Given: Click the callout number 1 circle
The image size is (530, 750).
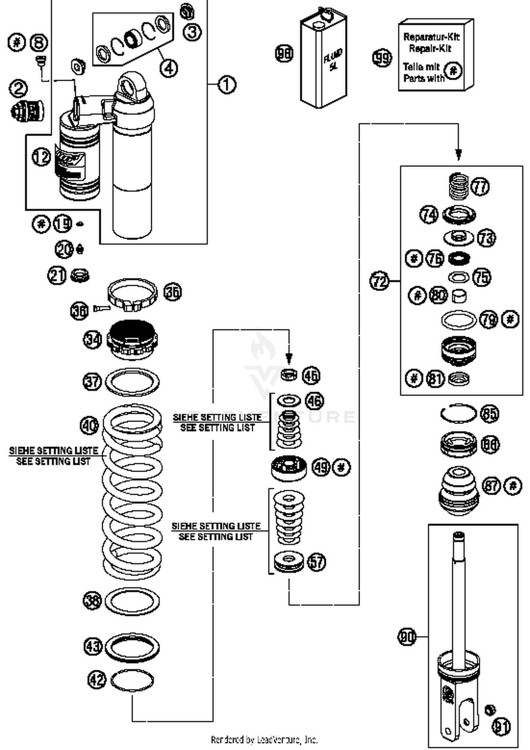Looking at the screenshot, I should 226,85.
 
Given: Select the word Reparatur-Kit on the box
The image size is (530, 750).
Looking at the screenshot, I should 431,36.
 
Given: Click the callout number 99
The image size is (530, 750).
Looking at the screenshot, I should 382,58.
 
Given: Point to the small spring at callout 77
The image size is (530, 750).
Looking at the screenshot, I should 459,186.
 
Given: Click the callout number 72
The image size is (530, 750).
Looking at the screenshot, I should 379,281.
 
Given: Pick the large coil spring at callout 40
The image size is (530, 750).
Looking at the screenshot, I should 132,492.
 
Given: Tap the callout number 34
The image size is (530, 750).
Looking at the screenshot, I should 92,339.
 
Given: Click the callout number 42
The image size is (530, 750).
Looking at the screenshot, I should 96,680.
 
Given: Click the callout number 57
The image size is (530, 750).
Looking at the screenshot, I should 316,562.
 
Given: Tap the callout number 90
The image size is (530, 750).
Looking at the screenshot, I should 407,637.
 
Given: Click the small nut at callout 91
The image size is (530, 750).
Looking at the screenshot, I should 490,709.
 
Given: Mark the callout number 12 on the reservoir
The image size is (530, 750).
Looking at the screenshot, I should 41,156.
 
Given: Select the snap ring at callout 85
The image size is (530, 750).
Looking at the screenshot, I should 459,413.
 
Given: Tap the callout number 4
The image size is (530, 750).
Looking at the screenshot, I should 169,68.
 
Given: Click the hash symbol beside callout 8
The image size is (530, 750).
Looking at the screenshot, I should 17,43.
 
